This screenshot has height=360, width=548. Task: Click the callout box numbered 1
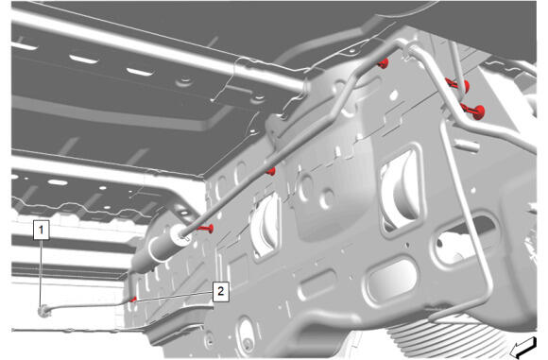point(42,230)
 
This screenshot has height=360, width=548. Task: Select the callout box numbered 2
point(221,291)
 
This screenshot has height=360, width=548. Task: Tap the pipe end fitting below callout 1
point(43,310)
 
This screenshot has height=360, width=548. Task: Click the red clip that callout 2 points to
point(133,300)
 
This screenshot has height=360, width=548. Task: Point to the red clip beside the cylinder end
point(207,229)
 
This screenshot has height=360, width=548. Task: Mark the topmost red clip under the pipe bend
point(383,63)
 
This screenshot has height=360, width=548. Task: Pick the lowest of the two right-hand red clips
point(474,111)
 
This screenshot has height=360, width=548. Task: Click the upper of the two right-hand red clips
point(459,85)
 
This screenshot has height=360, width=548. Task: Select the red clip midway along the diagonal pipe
point(271,171)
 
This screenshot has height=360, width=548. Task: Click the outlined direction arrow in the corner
point(523,348)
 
